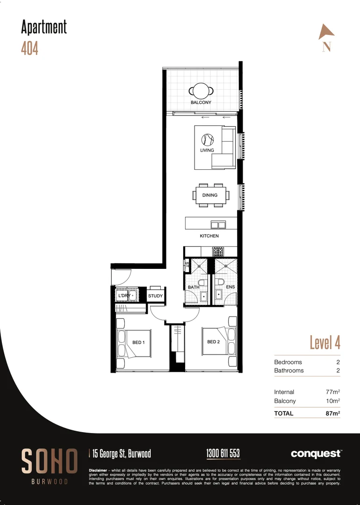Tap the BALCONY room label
coord(201,102)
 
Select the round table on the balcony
coord(201,90)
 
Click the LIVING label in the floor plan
coord(207,151)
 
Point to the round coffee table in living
coord(208,139)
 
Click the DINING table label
coord(210,195)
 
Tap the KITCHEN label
coord(209,236)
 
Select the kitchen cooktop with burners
coord(218,252)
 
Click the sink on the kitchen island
coord(218,224)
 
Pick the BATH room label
coord(194,287)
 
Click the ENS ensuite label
coord(230,287)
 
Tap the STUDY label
coord(155,296)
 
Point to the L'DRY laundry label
coord(124,296)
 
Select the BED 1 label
coord(138,343)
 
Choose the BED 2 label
coord(213,342)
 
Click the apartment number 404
coord(29,48)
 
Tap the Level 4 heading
coord(325,342)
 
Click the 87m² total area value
coord(332,413)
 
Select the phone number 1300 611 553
coord(223,453)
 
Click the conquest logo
coord(316,454)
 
